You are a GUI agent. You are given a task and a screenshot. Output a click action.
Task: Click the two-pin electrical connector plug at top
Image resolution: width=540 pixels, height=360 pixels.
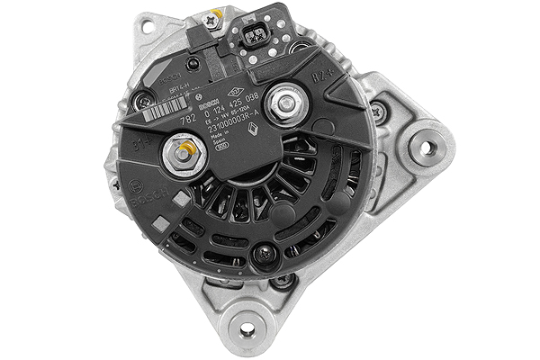[257, 39]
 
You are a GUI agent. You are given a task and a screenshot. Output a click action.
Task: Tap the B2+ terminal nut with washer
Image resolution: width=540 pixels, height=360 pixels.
[287, 103]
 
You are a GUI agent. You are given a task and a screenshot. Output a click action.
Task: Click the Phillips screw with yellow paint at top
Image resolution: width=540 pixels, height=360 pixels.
[213, 17]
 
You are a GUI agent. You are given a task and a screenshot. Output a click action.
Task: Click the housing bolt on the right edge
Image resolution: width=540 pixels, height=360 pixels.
[379, 112]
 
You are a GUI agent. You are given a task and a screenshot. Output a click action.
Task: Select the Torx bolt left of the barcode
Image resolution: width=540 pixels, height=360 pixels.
[141, 104]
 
